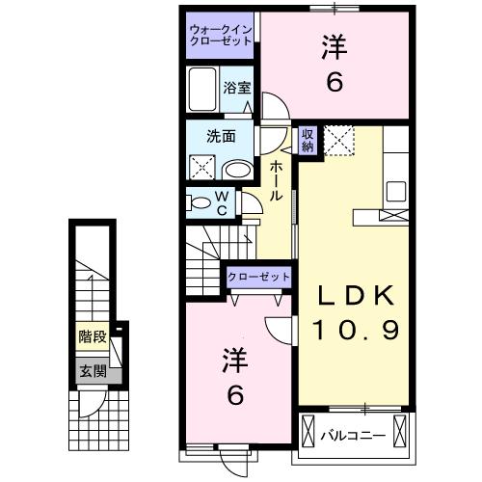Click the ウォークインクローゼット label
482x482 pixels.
click(x=221, y=36)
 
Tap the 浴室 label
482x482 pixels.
click(x=238, y=88)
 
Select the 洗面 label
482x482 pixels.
click(x=221, y=136)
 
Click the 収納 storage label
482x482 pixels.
click(x=307, y=141)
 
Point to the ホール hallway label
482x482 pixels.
click(x=276, y=181)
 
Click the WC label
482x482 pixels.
click(x=221, y=204)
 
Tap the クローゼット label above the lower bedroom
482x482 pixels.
click(x=258, y=277)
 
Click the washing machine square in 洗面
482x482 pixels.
click(x=203, y=166)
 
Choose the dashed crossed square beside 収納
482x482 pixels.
click(x=337, y=141)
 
